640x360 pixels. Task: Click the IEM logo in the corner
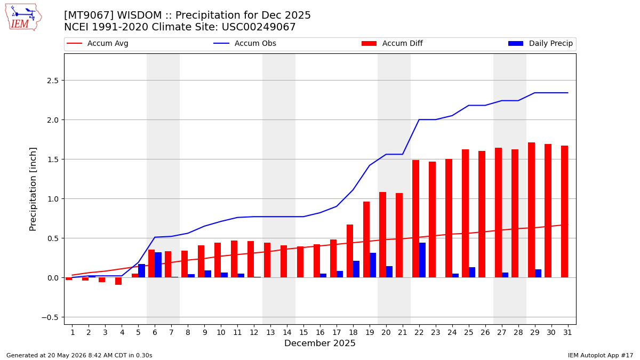pyautogui.click(x=23, y=18)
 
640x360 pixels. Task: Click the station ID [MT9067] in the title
pyautogui.click(x=89, y=15)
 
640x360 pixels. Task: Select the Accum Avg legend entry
pyautogui.click(x=98, y=43)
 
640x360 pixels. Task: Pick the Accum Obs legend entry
pyautogui.click(x=245, y=43)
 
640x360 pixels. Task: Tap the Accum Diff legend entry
pyautogui.click(x=392, y=43)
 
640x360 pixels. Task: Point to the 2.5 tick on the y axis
pyautogui.click(x=53, y=81)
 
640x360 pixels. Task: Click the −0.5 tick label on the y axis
pyautogui.click(x=50, y=317)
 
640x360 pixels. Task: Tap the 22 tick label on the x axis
pyautogui.click(x=419, y=333)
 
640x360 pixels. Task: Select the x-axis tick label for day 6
pyautogui.click(x=155, y=333)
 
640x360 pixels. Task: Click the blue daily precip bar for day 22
pyautogui.click(x=422, y=260)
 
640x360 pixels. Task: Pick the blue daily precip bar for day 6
pyautogui.click(x=158, y=265)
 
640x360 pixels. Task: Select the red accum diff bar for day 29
pyautogui.click(x=531, y=210)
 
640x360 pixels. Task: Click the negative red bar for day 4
pyautogui.click(x=118, y=281)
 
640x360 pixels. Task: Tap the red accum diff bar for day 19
pyautogui.click(x=366, y=239)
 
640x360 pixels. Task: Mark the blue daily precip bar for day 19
pyautogui.click(x=373, y=265)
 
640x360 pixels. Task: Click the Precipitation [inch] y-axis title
pyautogui.click(x=33, y=189)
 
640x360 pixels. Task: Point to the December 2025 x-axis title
pyautogui.click(x=319, y=343)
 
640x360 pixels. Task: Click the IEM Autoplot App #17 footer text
pyautogui.click(x=601, y=355)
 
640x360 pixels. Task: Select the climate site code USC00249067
pyautogui.click(x=259, y=27)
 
